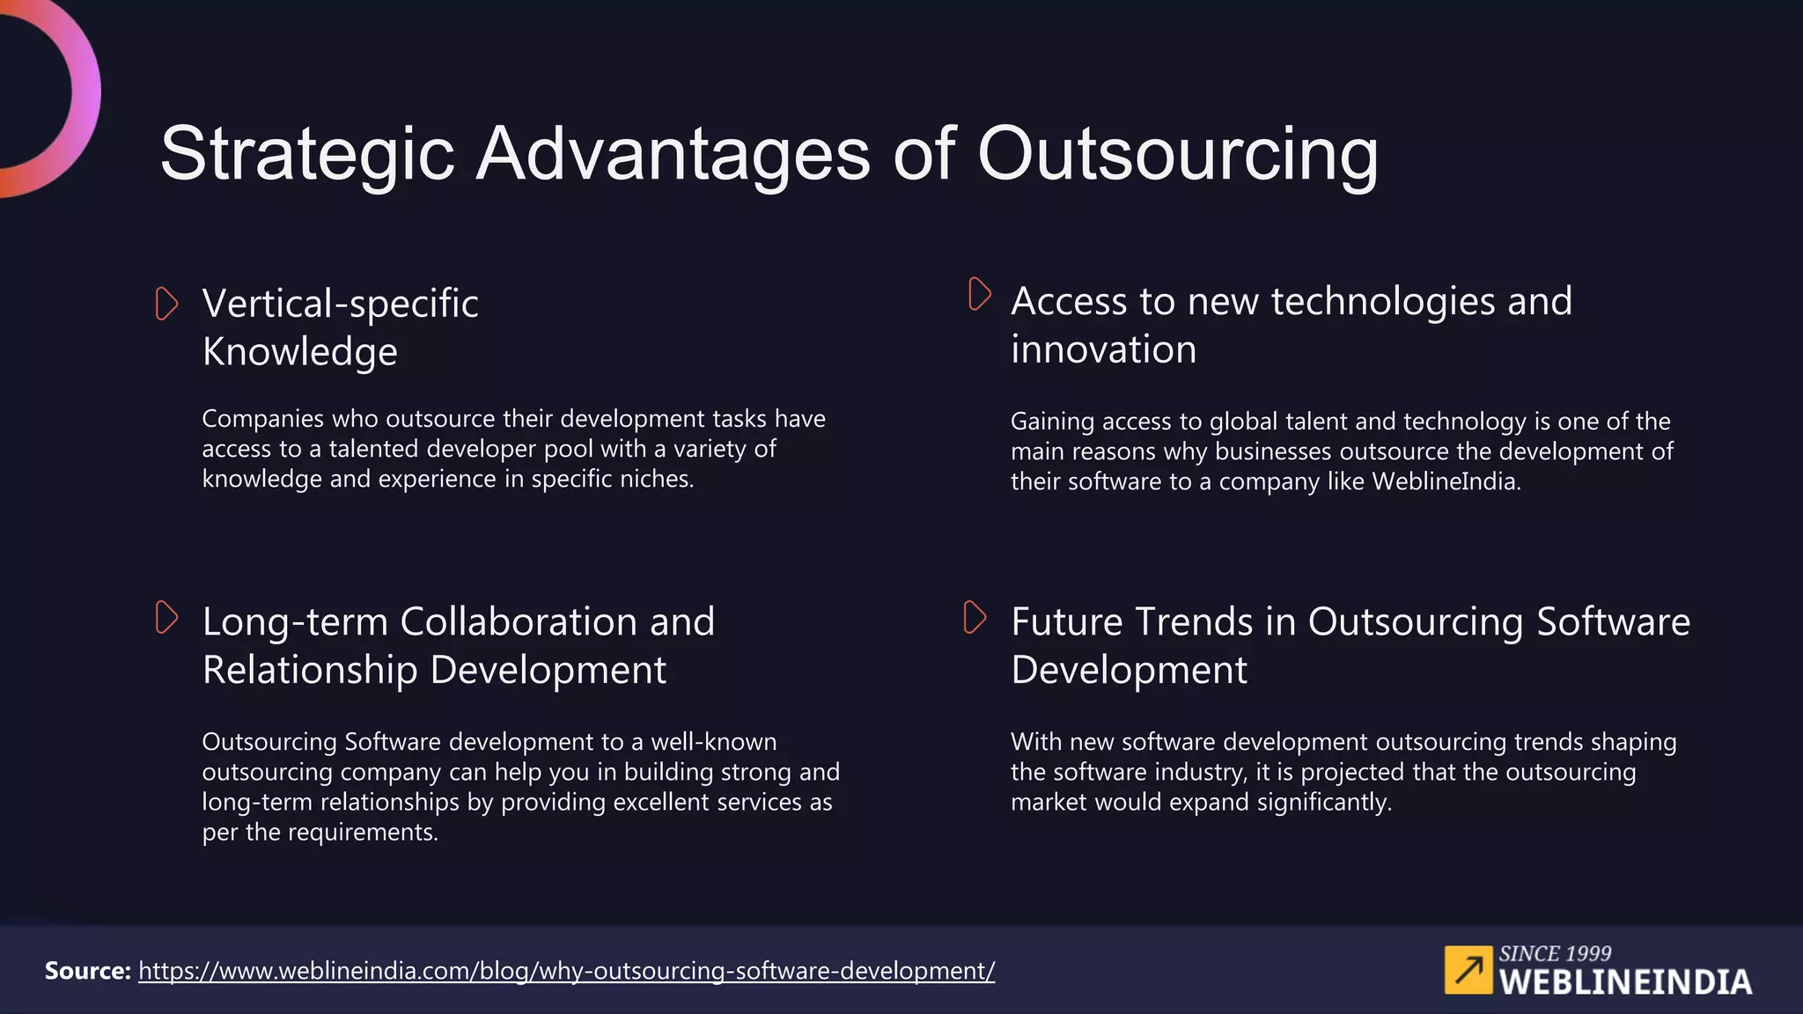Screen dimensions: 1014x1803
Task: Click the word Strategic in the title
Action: point(307,155)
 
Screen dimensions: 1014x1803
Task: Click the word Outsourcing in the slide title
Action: point(1177,155)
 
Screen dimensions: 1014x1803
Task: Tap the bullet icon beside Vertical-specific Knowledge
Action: point(166,304)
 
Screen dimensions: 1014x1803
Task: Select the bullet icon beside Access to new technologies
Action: point(979,294)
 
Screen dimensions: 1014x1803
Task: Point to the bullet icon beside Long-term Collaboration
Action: point(166,617)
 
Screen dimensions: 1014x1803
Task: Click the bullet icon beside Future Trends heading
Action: point(975,617)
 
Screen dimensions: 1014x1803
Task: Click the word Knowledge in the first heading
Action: point(299,352)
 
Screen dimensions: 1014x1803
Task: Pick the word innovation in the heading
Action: point(1103,349)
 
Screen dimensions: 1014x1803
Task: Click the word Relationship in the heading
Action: point(309,670)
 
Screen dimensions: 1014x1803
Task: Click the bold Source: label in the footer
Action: point(87,971)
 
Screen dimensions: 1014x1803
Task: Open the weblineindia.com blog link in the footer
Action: point(566,971)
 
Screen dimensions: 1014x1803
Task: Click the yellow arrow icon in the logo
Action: point(1468,970)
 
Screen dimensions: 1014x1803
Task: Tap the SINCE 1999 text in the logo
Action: point(1555,953)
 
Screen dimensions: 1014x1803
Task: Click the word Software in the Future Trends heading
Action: point(1613,622)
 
